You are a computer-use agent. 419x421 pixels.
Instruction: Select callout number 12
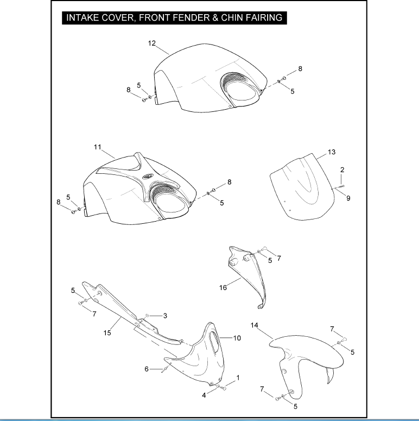click(152, 43)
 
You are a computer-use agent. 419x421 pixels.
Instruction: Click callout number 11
click(98, 147)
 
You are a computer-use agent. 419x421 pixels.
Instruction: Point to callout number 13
click(332, 152)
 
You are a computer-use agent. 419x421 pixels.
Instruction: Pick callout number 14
click(255, 325)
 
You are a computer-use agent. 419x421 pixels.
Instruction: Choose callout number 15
click(107, 333)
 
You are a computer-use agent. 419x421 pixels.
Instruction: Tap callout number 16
click(223, 288)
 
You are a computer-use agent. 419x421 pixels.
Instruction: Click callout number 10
click(237, 338)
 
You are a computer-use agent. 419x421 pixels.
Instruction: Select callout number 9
click(348, 198)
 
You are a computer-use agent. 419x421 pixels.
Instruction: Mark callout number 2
click(342, 169)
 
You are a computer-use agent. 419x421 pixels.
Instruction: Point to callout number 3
click(165, 316)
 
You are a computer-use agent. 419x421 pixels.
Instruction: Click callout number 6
click(147, 369)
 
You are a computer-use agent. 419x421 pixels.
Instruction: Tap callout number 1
click(238, 378)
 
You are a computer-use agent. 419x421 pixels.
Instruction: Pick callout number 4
click(204, 395)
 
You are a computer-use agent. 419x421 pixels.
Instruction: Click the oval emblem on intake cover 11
click(148, 177)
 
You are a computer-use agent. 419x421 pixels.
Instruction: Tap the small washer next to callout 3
click(147, 316)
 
